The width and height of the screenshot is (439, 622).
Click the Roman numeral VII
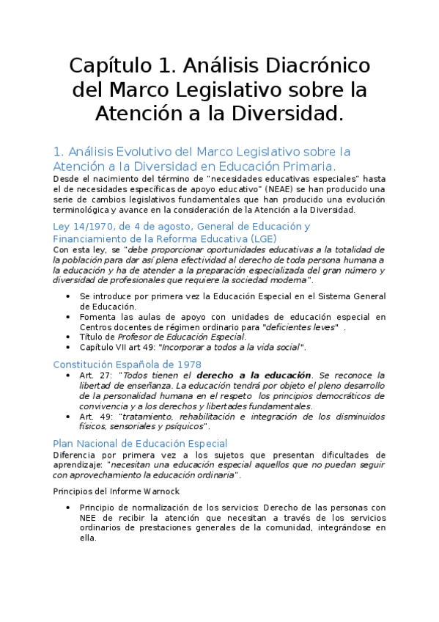pyautogui.click(x=122, y=348)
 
